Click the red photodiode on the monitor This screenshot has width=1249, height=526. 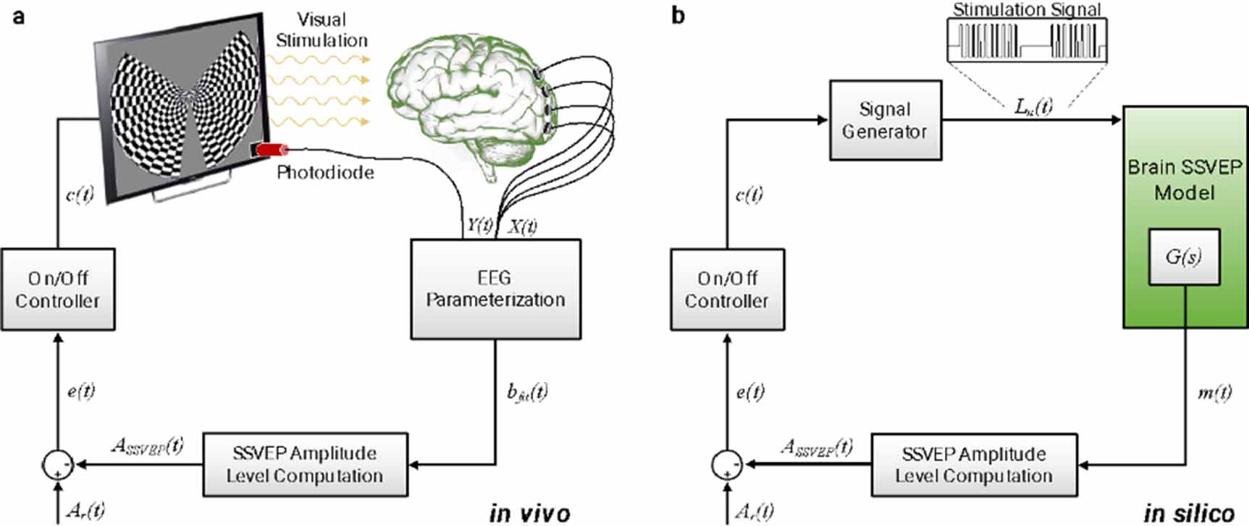[x=271, y=150]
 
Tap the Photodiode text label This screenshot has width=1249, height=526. [x=325, y=173]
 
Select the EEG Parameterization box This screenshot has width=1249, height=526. [x=495, y=289]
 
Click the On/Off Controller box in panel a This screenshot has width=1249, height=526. [x=57, y=289]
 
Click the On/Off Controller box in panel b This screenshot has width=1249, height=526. [x=727, y=289]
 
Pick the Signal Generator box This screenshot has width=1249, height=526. [x=885, y=120]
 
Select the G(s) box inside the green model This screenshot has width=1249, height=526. [x=1183, y=257]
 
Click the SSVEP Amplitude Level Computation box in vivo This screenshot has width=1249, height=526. [x=305, y=465]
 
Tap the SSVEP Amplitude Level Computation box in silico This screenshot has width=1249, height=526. [x=974, y=465]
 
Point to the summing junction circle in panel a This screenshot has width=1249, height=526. [x=58, y=465]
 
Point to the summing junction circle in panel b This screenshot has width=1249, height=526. [x=727, y=465]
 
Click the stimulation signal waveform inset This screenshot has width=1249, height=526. [x=1027, y=39]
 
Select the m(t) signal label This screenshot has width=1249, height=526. [x=1214, y=393]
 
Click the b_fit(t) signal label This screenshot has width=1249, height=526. [x=527, y=393]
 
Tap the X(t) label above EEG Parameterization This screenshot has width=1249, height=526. [x=522, y=226]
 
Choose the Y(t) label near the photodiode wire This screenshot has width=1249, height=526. [x=479, y=225]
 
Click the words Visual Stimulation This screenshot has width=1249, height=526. [x=321, y=30]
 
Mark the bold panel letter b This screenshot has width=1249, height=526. [x=678, y=15]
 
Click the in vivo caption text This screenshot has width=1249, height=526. [x=529, y=513]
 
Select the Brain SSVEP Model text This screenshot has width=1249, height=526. [x=1185, y=179]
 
